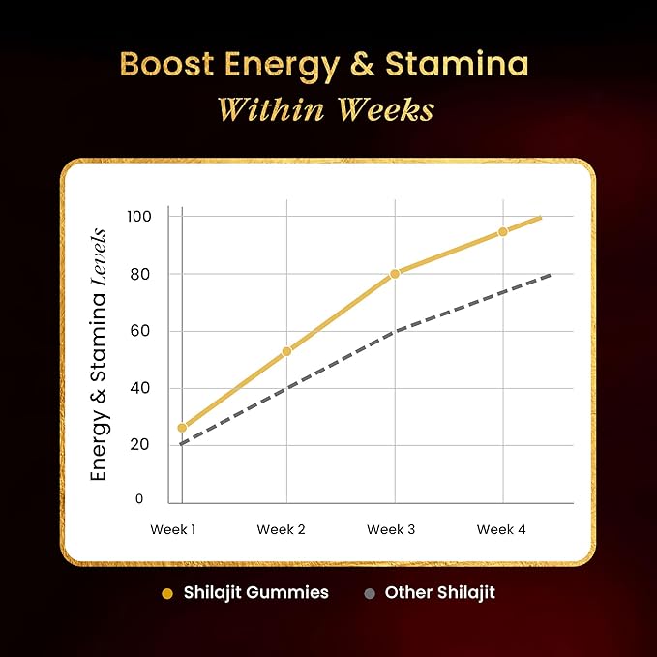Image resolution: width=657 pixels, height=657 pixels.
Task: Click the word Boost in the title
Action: (169, 64)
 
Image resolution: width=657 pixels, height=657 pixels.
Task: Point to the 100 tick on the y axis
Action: (141, 216)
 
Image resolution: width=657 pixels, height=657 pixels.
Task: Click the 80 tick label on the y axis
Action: (143, 274)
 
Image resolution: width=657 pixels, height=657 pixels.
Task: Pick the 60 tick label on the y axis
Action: (143, 331)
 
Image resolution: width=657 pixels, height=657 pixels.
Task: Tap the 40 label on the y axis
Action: (143, 388)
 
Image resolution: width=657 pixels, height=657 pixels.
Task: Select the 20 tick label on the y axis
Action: (143, 445)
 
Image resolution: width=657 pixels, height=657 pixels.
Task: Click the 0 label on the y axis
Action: (139, 499)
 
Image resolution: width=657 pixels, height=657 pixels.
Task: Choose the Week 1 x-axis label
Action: (174, 529)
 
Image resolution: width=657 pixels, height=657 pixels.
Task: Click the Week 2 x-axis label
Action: (281, 529)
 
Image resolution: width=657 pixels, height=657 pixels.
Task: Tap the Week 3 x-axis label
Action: (391, 529)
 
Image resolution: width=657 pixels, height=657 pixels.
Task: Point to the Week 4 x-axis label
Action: (501, 529)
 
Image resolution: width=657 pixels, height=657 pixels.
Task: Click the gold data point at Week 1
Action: (182, 427)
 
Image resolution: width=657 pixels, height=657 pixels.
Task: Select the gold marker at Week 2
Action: (286, 351)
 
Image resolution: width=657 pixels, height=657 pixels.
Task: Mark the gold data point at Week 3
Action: (395, 274)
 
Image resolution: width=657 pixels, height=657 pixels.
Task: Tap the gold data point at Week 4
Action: (503, 232)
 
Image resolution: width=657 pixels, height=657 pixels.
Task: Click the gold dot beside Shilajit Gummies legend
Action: (167, 593)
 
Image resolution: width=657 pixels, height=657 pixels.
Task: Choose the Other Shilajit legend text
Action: (439, 592)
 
